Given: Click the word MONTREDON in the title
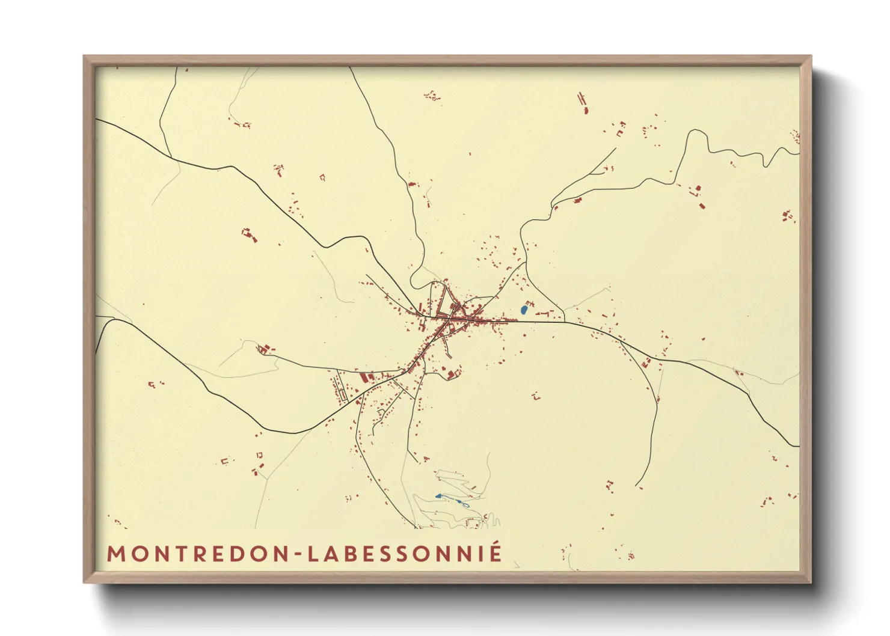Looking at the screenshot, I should [x=199, y=554].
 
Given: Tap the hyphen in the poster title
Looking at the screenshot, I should [x=299, y=555].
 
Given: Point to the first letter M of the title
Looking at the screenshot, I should [x=115, y=554].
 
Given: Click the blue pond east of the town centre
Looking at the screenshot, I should [x=524, y=310].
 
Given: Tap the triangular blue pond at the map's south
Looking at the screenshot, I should [x=439, y=496].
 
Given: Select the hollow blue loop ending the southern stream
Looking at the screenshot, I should [x=465, y=504].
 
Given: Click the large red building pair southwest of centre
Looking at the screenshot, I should [x=367, y=377].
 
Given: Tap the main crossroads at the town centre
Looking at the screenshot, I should [x=450, y=319].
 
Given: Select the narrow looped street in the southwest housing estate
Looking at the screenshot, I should [x=340, y=388].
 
